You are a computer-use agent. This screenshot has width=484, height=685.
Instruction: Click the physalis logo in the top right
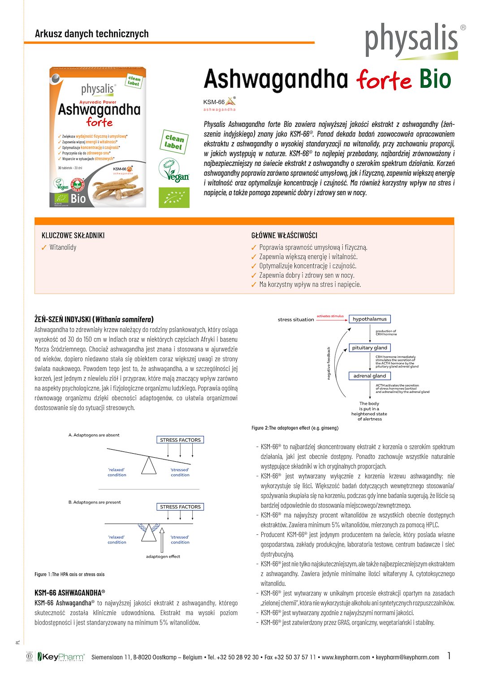tap(411, 40)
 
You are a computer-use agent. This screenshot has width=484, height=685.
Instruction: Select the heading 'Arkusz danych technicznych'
tap(91, 34)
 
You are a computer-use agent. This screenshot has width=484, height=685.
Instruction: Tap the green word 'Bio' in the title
tap(435, 79)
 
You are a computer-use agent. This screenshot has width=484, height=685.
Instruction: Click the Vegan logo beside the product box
tap(174, 171)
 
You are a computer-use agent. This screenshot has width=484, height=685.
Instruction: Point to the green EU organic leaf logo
tap(174, 198)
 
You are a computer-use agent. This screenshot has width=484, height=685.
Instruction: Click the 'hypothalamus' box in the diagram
tap(369, 319)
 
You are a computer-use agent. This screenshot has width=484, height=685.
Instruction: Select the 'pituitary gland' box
tap(369, 348)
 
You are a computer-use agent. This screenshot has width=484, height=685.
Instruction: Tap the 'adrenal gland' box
tap(369, 376)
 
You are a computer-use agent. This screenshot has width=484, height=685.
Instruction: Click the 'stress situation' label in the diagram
tap(296, 320)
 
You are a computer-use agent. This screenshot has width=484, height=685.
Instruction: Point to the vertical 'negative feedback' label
tap(328, 363)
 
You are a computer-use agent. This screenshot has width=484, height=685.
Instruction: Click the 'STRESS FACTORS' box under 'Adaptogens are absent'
tap(180, 440)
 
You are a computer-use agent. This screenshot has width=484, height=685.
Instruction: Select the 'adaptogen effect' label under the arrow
tap(163, 556)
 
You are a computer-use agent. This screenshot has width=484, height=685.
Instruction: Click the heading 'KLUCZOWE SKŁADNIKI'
tap(73, 235)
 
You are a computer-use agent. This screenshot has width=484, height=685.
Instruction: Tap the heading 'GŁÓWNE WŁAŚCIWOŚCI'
tap(284, 235)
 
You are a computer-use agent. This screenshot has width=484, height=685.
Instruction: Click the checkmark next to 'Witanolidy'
tap(44, 247)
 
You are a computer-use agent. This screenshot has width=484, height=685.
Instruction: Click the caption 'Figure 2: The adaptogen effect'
tap(295, 428)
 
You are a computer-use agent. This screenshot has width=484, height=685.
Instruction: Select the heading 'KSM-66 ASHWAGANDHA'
tap(69, 593)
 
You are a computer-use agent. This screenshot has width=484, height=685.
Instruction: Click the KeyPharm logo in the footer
tap(60, 657)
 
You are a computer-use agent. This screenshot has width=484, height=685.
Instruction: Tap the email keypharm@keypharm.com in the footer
tap(407, 657)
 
